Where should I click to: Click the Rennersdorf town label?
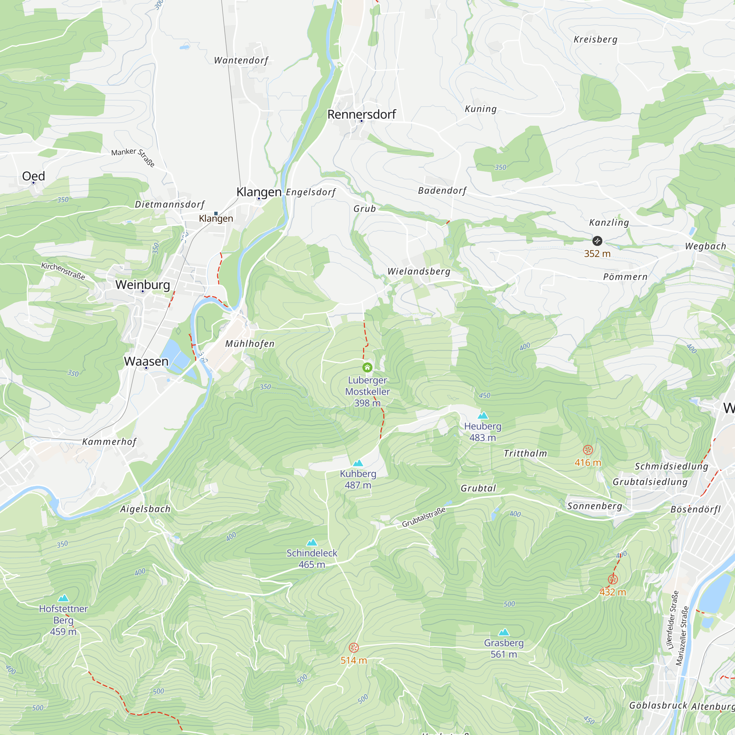click(361, 114)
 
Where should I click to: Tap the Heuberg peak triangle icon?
click(483, 415)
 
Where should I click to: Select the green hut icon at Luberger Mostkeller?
click(367, 367)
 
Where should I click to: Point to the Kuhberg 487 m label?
click(358, 479)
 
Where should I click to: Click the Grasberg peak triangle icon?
click(504, 632)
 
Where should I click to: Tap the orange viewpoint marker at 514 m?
click(354, 648)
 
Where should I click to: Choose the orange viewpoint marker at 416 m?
click(588, 450)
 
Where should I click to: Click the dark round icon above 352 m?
click(597, 241)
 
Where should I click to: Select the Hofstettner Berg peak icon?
click(64, 598)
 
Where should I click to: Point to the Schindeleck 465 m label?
click(312, 559)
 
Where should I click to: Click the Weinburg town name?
click(143, 284)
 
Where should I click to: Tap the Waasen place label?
click(146, 361)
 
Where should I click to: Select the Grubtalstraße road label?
click(423, 517)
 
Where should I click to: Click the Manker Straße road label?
click(133, 156)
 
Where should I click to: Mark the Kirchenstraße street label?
click(63, 271)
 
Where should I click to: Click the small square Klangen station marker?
click(216, 214)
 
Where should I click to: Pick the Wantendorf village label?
click(241, 60)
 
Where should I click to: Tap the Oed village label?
click(33, 176)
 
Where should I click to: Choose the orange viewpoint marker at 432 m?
click(613, 580)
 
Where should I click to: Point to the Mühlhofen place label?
click(250, 344)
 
